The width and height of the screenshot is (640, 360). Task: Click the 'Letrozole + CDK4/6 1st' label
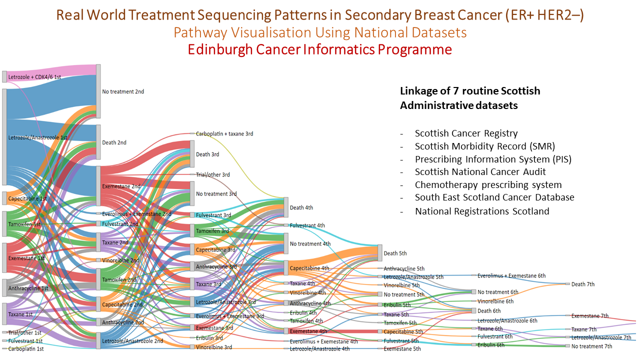[34, 77]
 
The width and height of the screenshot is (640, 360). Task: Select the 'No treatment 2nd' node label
[122, 92]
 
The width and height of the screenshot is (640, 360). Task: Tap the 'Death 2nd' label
[114, 142]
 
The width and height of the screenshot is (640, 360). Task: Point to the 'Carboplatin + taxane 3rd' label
[224, 134]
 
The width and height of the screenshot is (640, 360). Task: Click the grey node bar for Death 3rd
[192, 154]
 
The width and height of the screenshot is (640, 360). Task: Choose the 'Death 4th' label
[301, 207]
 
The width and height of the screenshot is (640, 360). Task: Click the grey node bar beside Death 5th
[379, 253]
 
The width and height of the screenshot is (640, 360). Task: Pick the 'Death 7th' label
[582, 284]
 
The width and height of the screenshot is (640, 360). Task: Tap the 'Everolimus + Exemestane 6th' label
[511, 275]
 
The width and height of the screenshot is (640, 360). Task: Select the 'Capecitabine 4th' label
[309, 268]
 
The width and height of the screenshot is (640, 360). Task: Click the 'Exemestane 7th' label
[590, 316]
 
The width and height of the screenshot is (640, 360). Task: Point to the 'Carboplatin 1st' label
[25, 348]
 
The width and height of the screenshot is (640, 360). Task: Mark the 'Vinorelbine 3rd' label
[213, 347]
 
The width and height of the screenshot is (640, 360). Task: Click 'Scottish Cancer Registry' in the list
[466, 133]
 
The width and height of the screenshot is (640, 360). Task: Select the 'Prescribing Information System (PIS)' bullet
[492, 159]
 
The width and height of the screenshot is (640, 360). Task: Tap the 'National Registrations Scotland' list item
[481, 211]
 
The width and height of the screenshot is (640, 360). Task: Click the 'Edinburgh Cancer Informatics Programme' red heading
[319, 49]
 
